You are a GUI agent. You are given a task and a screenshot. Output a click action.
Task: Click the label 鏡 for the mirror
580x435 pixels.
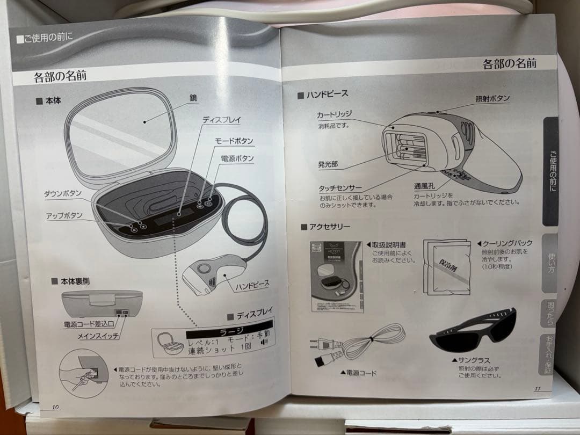(193, 98)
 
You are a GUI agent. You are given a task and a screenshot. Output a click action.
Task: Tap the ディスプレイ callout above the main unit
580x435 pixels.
(222, 120)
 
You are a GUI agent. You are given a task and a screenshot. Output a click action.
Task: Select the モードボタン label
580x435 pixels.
(234, 141)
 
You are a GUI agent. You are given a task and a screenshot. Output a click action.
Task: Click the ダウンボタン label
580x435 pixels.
(63, 193)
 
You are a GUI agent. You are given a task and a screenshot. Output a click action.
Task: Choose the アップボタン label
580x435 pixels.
(64, 215)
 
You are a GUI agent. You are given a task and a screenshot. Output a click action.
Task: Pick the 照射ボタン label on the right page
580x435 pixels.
(492, 99)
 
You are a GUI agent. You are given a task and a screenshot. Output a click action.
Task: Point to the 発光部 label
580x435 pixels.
(328, 163)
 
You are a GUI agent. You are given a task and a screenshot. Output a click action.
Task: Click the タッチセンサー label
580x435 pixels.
(340, 188)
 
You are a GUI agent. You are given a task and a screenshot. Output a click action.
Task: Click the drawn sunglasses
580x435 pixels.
(473, 328)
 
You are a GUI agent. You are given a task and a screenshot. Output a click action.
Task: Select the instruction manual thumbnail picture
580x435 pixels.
(336, 276)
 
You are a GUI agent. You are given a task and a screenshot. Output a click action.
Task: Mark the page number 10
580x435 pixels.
(55, 407)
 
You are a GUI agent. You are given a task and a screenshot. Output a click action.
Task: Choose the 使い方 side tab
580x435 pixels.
(552, 261)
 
